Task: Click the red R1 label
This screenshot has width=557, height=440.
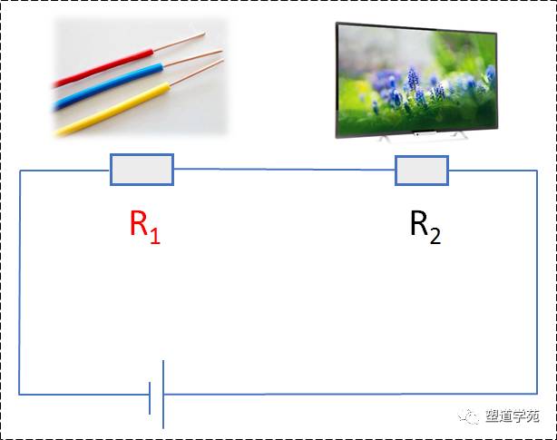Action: click(x=145, y=228)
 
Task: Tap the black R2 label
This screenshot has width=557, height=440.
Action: click(x=425, y=228)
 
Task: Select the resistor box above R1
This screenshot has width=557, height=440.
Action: click(x=142, y=170)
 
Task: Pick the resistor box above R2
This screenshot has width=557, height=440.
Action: click(x=422, y=171)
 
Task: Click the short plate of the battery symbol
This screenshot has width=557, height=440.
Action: click(x=150, y=398)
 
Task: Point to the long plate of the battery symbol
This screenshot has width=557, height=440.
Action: click(x=163, y=395)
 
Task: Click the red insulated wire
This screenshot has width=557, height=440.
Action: click(x=103, y=68)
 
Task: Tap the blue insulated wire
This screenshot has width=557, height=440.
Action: click(x=108, y=87)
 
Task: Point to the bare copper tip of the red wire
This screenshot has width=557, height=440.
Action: click(x=180, y=42)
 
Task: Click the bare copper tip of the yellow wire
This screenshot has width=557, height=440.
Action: click(x=197, y=73)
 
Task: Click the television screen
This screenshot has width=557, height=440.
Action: click(x=416, y=80)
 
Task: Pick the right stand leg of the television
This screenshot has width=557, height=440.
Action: click(x=460, y=136)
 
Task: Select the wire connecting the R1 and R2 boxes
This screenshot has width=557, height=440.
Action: click(x=284, y=170)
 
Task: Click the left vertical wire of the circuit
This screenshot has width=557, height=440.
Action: click(x=20, y=282)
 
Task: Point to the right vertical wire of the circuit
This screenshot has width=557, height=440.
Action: click(x=537, y=282)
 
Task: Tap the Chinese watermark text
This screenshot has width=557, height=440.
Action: click(x=513, y=416)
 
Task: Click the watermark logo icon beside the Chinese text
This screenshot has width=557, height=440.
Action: click(x=469, y=416)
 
